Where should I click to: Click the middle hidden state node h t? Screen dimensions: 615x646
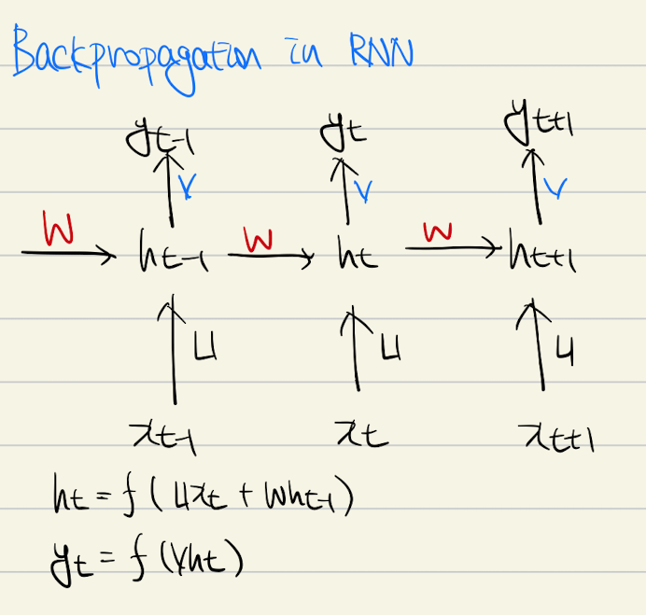click(x=357, y=257)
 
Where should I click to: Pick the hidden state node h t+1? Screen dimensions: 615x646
click(x=542, y=255)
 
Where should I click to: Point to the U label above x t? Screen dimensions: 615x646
click(x=392, y=348)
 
